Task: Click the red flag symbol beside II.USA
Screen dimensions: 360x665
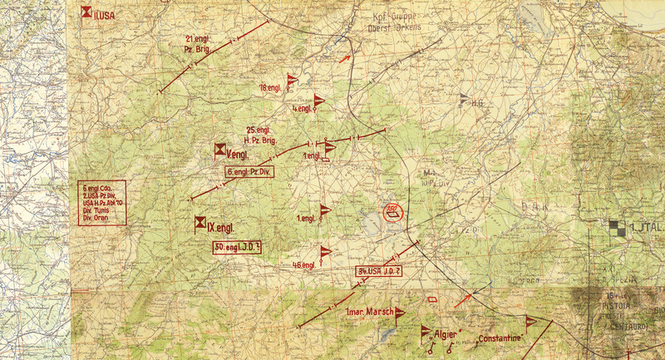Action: tap(86, 12)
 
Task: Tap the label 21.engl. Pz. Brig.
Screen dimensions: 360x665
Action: tap(199, 44)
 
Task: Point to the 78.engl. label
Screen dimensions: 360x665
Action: tap(270, 87)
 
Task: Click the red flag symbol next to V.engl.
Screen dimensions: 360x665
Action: tap(219, 150)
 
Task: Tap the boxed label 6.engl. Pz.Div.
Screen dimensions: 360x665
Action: tap(250, 171)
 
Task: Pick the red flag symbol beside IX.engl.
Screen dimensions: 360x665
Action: tap(200, 222)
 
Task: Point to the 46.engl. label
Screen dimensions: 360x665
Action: tap(304, 264)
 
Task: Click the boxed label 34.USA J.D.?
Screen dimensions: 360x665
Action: tap(380, 271)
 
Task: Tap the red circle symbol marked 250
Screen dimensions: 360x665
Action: tap(392, 214)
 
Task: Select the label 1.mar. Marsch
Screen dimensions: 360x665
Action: tap(368, 313)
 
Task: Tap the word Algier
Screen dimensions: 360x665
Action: tap(446, 334)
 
